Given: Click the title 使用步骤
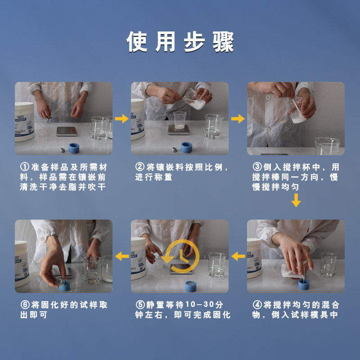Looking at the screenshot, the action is (x=180, y=42).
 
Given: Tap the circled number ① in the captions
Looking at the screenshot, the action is (x=25, y=167).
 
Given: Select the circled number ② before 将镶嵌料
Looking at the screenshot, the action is (x=139, y=167).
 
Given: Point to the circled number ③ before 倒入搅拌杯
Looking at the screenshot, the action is (x=257, y=167).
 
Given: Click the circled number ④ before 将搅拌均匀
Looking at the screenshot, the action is (x=257, y=305).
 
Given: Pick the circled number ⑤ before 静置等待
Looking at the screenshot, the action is (x=140, y=305).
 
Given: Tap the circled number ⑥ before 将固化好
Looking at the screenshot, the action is (x=25, y=305).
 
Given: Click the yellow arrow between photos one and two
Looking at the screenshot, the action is (x=121, y=119).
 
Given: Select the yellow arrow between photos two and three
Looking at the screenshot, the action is (x=238, y=119).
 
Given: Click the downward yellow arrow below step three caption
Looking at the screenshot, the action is (x=296, y=200).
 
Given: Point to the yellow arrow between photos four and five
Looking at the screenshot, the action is (x=238, y=256).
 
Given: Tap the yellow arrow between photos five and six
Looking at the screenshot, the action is (x=122, y=256).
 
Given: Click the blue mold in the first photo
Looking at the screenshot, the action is (x=74, y=148).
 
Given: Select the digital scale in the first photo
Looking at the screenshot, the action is (x=67, y=131).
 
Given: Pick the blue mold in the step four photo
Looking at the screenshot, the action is (x=303, y=284).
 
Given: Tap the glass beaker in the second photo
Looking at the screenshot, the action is (x=213, y=126).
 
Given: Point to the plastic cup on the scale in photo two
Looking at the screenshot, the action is (x=180, y=120).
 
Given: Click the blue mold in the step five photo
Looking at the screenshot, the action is (x=190, y=286).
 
